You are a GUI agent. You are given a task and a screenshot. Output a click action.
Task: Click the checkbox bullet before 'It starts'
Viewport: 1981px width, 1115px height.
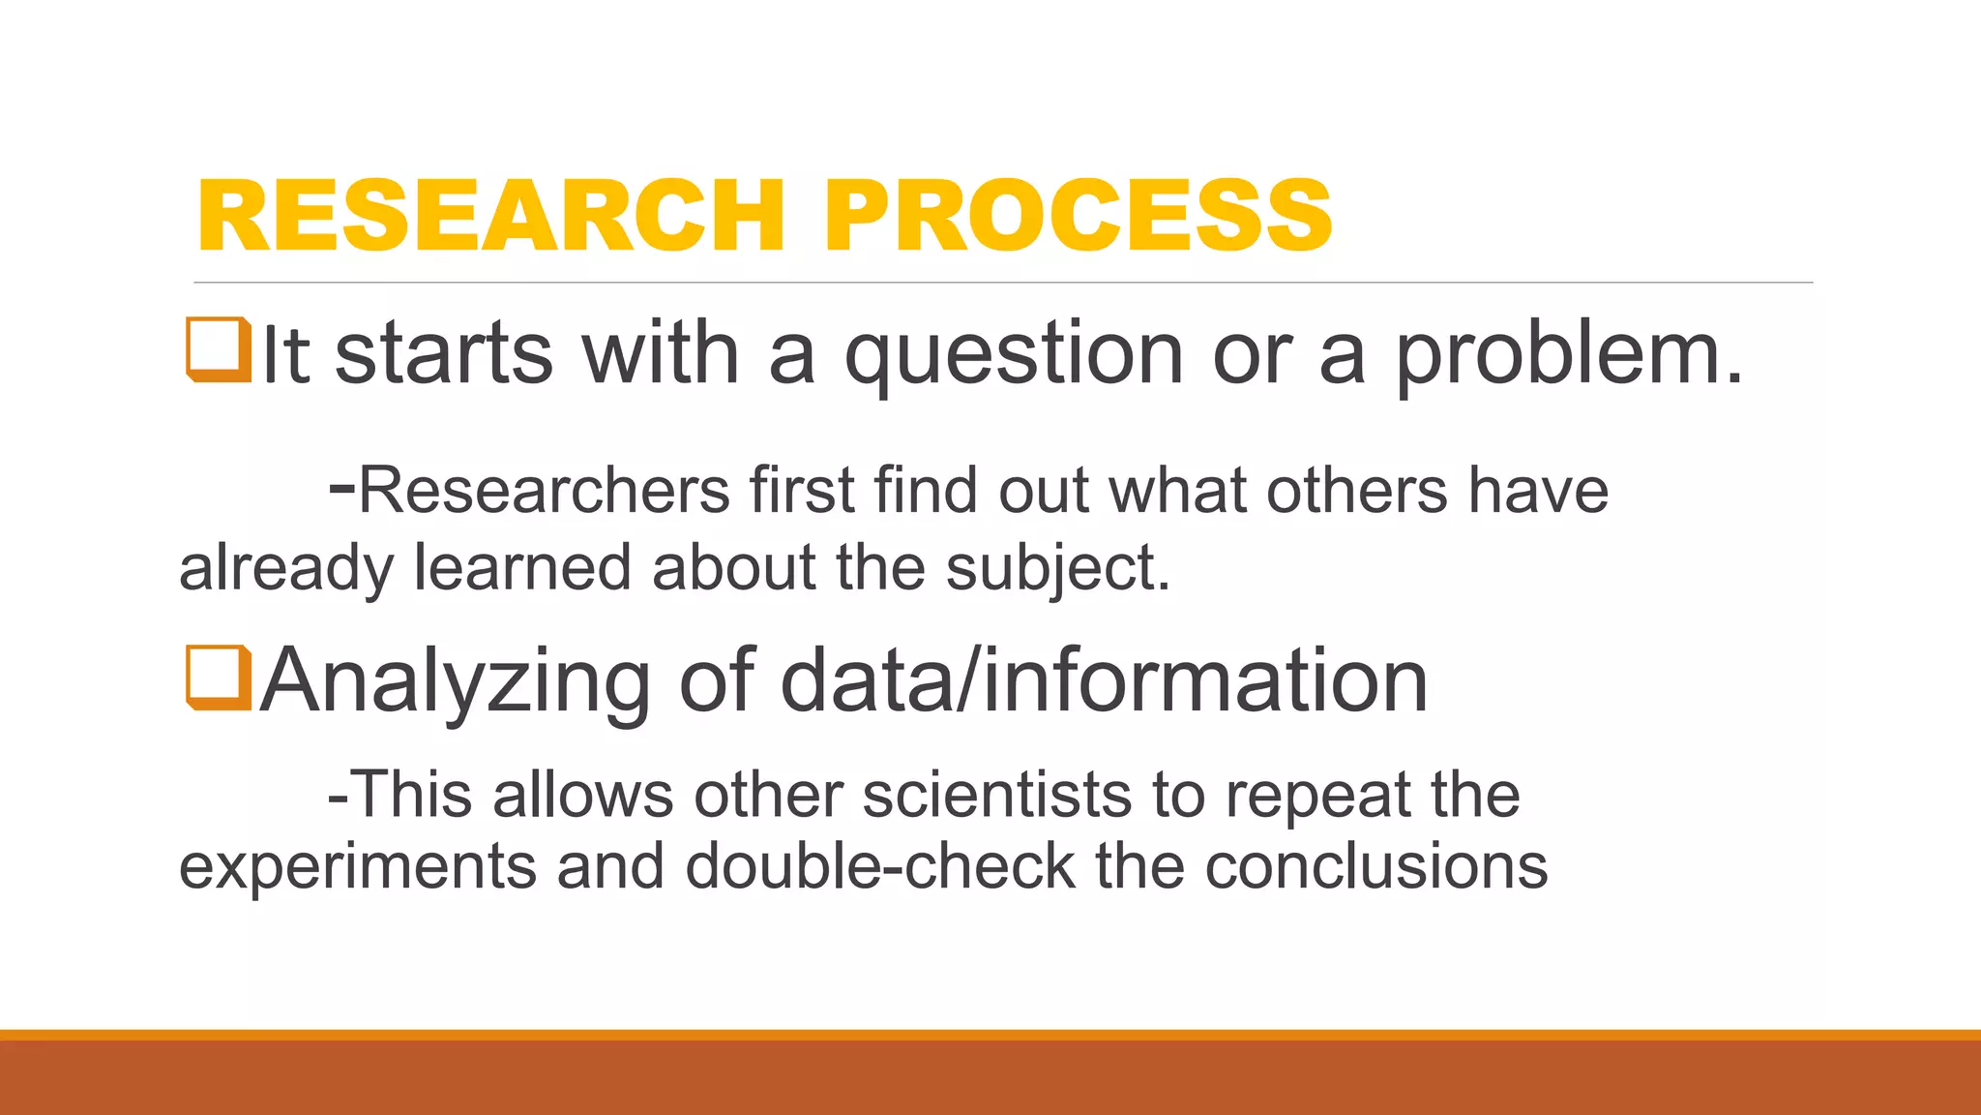[219, 349]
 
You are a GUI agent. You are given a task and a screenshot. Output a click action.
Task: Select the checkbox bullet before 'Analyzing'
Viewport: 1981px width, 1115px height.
[219, 678]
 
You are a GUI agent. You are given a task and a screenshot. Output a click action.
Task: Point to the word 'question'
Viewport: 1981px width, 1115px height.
[1014, 356]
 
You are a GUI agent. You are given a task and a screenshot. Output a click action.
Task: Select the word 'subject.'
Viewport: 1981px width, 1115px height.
[1058, 568]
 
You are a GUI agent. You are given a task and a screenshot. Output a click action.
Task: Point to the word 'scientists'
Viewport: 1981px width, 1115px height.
[996, 796]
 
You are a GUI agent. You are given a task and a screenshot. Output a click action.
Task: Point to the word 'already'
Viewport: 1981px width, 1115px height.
[286, 570]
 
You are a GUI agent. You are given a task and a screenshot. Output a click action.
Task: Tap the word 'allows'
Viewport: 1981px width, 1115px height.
[582, 796]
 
